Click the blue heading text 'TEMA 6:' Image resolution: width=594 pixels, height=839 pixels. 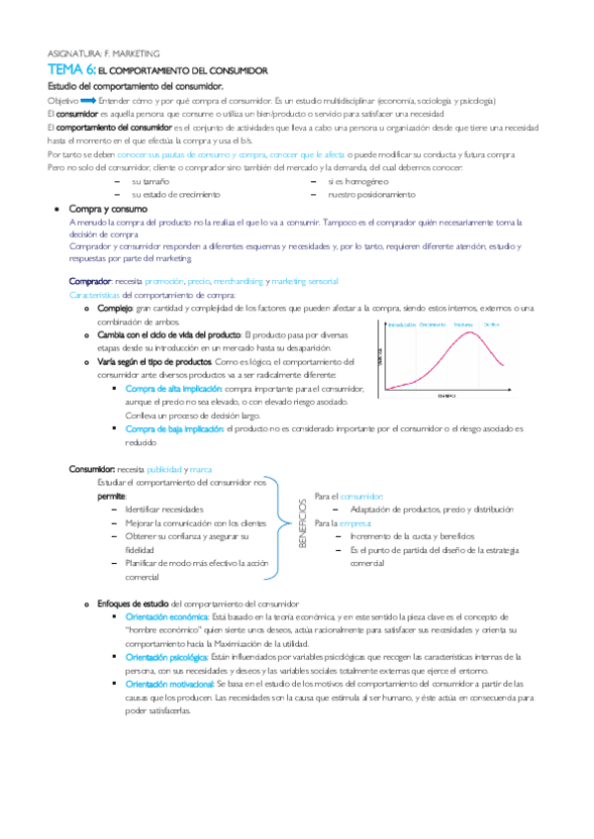click(x=71, y=71)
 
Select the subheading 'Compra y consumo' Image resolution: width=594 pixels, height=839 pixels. click(x=109, y=211)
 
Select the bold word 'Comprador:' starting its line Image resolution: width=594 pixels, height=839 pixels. click(x=90, y=282)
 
